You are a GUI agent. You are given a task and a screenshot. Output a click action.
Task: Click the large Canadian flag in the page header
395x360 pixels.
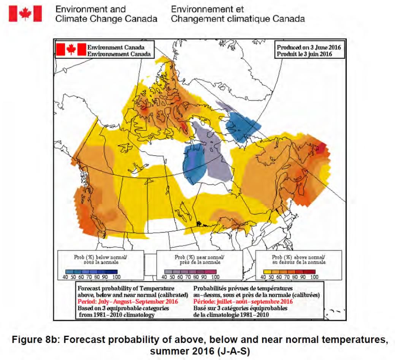[25, 14]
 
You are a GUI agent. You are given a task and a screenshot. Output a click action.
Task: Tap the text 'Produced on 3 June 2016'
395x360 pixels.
[309, 47]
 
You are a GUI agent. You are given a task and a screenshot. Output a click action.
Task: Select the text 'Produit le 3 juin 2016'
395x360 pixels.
[305, 54]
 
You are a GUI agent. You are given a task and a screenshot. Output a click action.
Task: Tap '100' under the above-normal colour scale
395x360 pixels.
[314, 277]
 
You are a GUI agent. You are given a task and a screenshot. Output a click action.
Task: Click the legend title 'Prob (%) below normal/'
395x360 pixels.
[95, 257]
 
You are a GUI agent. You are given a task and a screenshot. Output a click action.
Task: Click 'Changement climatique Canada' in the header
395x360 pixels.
[238, 19]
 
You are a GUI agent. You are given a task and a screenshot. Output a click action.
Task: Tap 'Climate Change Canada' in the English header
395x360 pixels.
[106, 19]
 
